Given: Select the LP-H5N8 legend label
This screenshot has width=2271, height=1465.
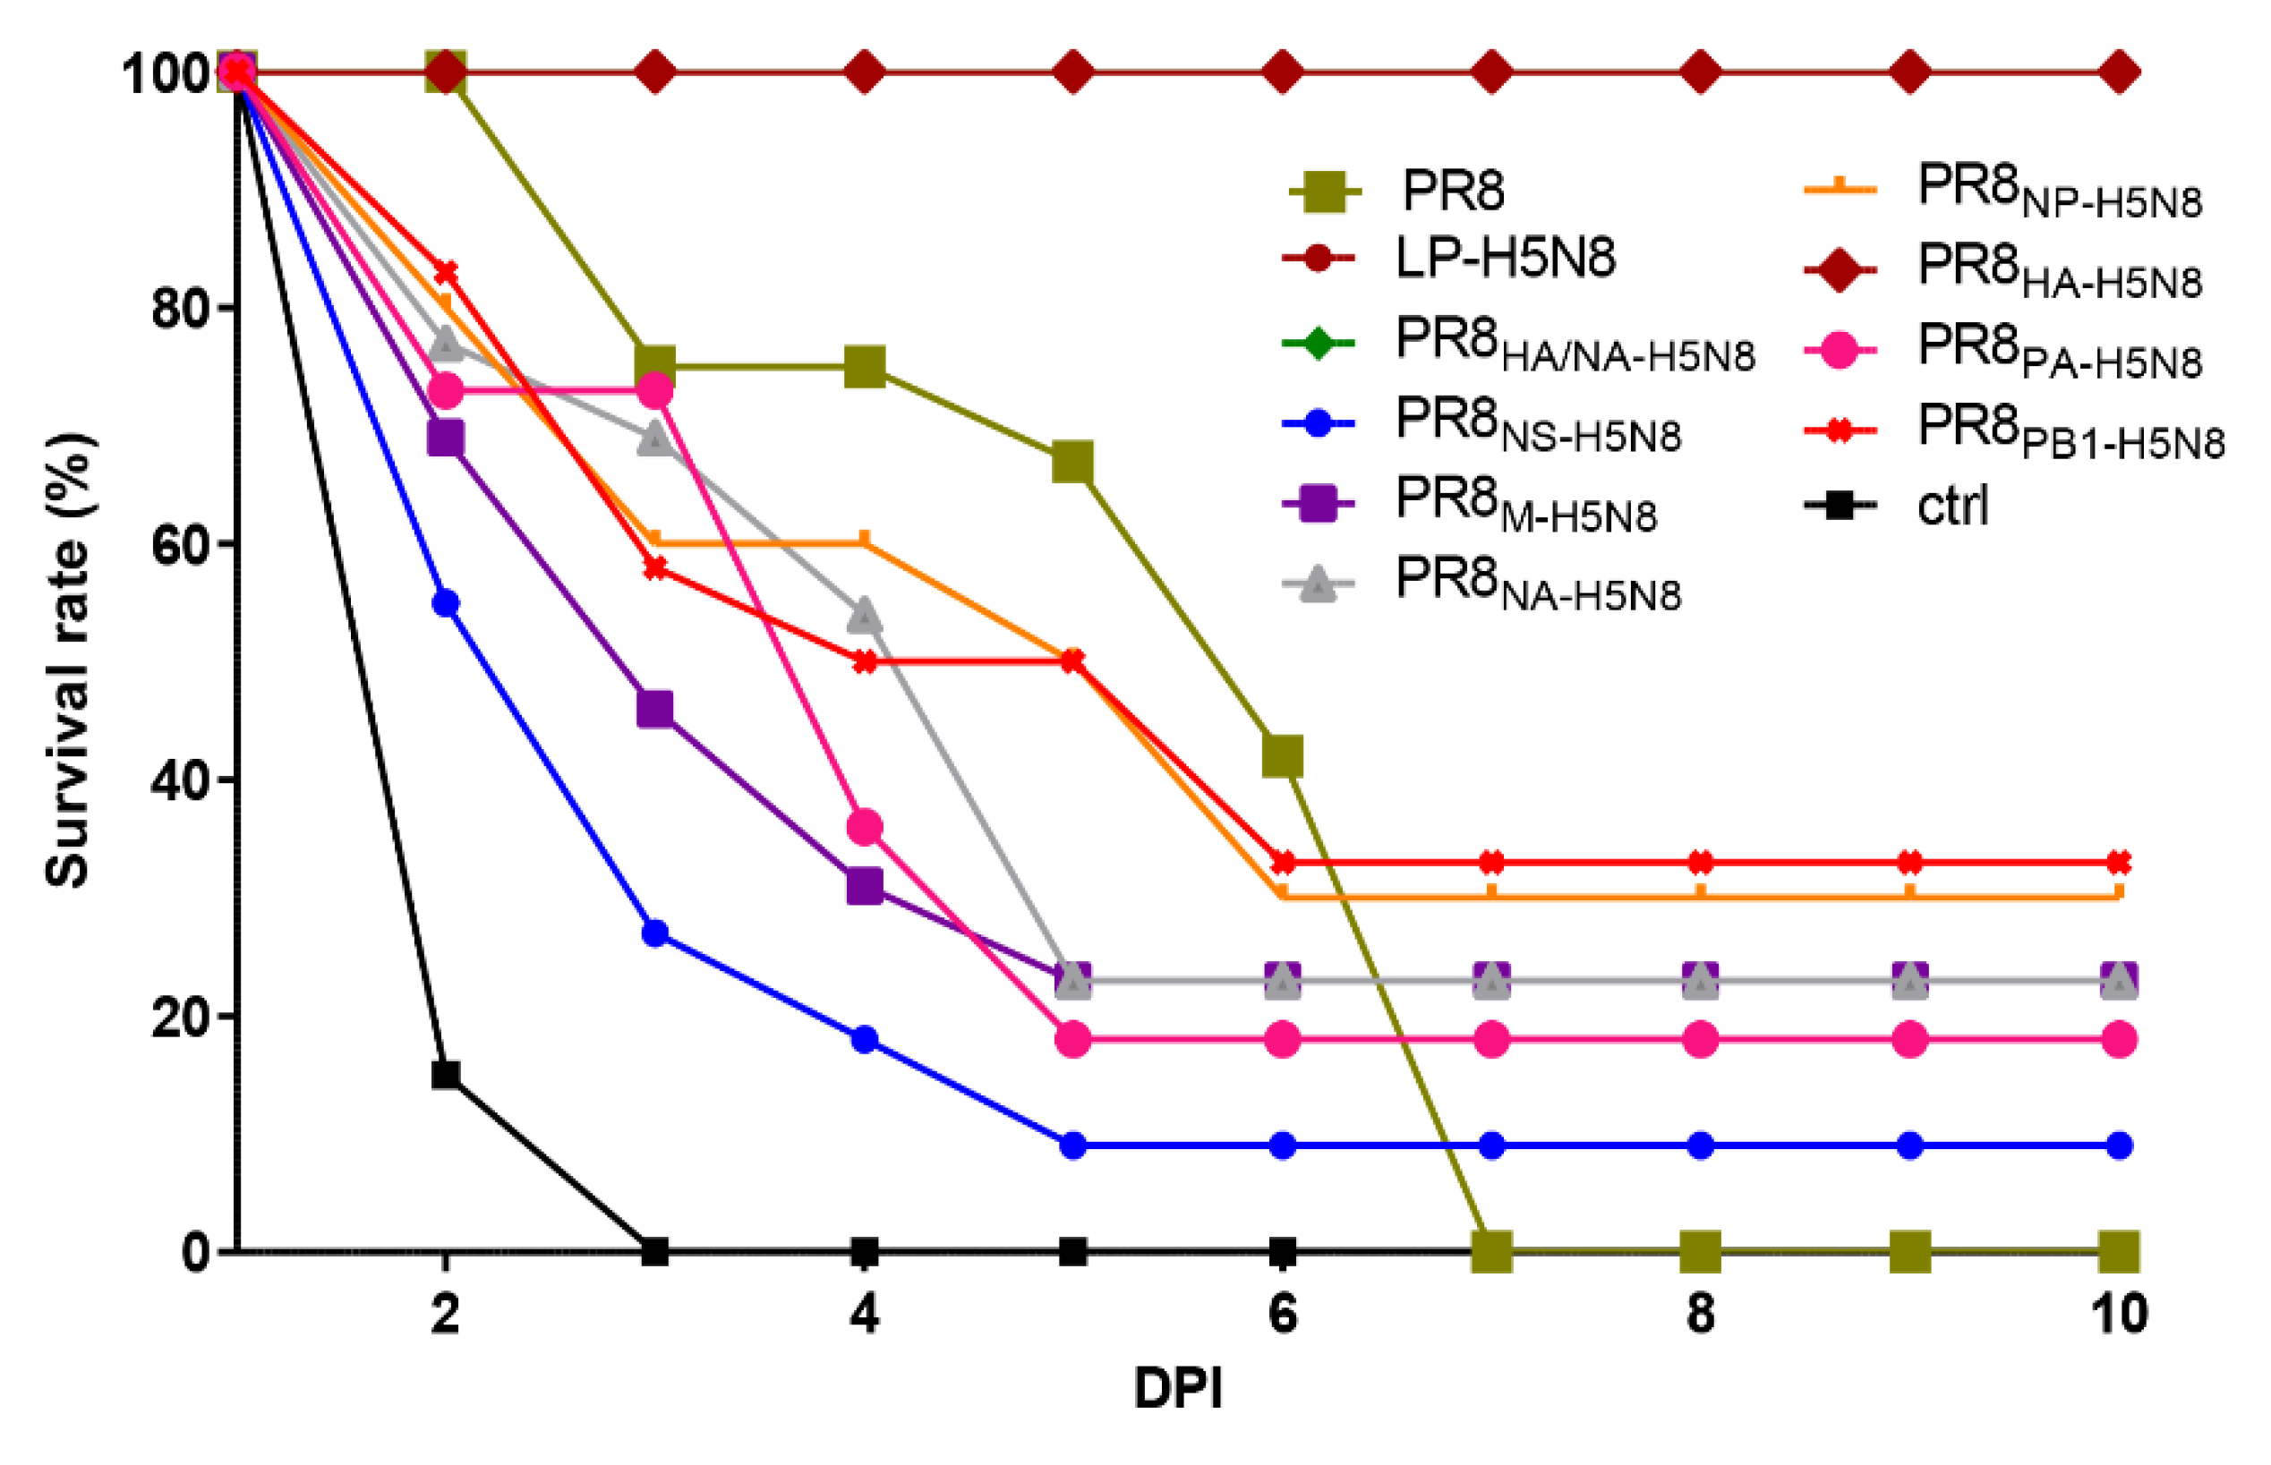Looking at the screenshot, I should pos(1504,258).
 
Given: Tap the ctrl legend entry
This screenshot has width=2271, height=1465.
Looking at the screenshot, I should pos(1951,505).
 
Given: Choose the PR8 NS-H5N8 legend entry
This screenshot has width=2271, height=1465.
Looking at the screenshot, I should pos(1536,423).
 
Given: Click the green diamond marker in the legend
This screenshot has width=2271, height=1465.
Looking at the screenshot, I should pos(1318,342).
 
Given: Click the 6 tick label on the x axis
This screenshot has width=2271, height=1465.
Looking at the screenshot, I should pos(1282,1314).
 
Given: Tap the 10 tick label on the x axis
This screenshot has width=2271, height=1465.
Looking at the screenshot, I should pos(2118,1314).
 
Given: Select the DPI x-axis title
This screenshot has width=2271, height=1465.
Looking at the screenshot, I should pos(1177,1388).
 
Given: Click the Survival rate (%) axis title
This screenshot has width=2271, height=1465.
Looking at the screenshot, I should pos(69,660).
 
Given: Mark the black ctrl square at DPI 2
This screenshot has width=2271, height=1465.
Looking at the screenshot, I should pos(445,1075).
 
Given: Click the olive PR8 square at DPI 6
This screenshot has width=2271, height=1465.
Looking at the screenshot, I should pos(1282,756).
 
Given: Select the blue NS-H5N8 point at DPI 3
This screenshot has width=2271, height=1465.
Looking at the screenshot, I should pos(654,933).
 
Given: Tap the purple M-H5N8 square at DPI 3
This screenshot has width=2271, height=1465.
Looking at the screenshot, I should pos(654,709).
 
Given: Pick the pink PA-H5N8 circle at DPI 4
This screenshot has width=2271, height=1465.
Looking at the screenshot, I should pos(864,828).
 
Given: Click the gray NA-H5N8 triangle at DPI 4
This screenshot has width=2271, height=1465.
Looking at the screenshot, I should pos(864,616).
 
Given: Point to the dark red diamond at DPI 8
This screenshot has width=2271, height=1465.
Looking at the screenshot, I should pos(1700,72).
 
